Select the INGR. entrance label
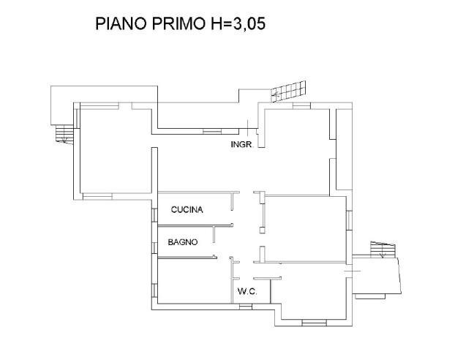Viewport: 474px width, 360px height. click(x=241, y=145)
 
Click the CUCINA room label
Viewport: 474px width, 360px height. click(x=187, y=210)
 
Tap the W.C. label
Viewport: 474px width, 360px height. click(x=245, y=292)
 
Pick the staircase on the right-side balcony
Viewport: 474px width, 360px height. click(x=380, y=250)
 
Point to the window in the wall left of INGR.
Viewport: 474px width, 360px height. click(x=211, y=130)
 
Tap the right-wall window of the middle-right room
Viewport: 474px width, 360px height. click(x=350, y=220)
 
